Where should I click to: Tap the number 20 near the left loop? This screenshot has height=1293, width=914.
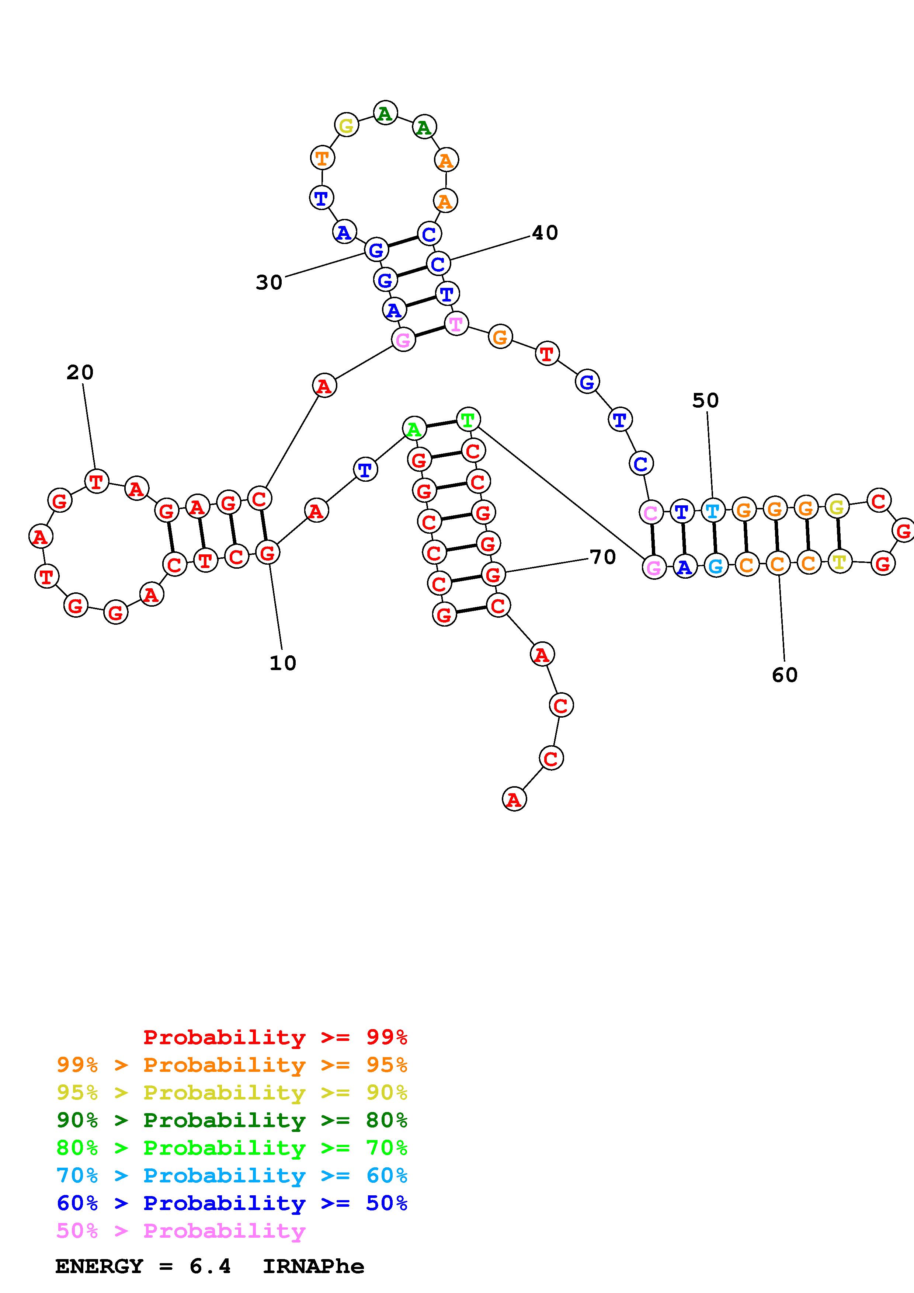[80, 372]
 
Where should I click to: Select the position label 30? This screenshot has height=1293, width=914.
[269, 282]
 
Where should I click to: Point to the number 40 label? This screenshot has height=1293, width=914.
[545, 233]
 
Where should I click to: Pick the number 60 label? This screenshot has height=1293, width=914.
[785, 675]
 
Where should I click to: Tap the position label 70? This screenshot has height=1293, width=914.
[602, 557]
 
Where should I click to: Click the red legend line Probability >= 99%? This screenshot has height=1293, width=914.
[275, 1037]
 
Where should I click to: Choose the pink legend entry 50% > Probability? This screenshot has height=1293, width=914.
[181, 1230]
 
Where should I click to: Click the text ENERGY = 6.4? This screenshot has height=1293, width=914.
[143, 1266]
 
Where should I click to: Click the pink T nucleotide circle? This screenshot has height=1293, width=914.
[456, 324]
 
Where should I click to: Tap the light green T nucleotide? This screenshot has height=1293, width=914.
[468, 419]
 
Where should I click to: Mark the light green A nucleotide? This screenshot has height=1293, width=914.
[414, 429]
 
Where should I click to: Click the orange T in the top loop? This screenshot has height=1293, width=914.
[322, 158]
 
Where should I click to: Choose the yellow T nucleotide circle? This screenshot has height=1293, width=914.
[839, 561]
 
